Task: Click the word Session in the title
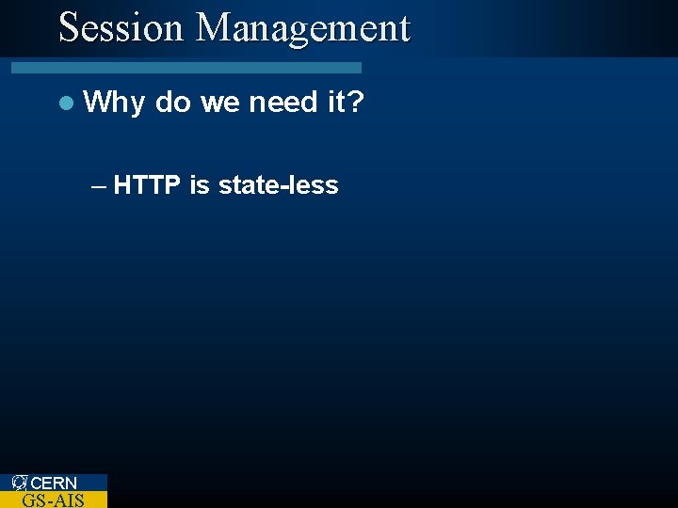click(x=121, y=28)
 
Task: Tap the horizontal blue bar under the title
click(x=186, y=68)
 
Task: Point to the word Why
click(x=114, y=103)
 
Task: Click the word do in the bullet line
click(x=173, y=103)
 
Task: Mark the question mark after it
click(x=355, y=103)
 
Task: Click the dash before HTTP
click(x=99, y=186)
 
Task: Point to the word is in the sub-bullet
click(x=199, y=185)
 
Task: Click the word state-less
click(x=278, y=185)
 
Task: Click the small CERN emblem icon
click(x=20, y=483)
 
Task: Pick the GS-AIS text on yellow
click(x=53, y=500)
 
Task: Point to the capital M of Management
click(x=213, y=28)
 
